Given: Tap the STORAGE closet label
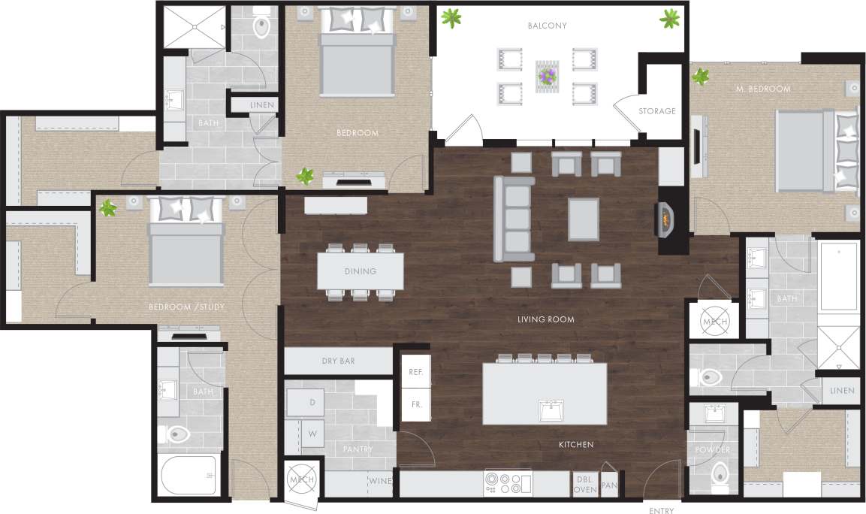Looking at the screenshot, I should (656, 111).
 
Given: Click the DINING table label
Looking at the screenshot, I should (360, 271).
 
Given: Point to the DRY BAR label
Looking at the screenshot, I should (338, 361).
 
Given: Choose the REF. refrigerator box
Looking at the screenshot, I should (415, 372).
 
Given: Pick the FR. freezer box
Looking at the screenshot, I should (415, 404).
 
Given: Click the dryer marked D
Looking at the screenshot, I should (311, 403).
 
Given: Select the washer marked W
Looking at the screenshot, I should (311, 433).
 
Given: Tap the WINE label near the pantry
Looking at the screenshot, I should (379, 481).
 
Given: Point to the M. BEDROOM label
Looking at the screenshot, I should (763, 89).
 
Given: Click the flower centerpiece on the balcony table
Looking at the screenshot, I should (547, 75).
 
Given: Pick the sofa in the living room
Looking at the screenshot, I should (514, 219).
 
